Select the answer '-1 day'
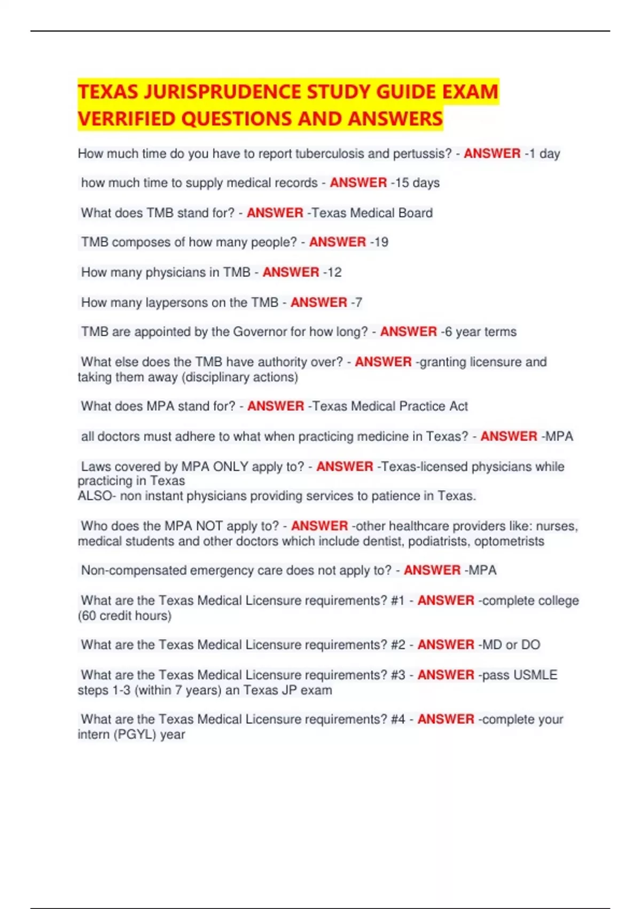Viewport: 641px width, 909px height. click(x=542, y=154)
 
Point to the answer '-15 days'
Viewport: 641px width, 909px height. click(x=415, y=183)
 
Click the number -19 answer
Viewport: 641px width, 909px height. click(x=379, y=242)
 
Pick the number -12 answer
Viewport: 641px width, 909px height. click(x=332, y=272)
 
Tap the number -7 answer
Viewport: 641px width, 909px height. click(x=356, y=303)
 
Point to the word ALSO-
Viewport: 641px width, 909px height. click(x=97, y=496)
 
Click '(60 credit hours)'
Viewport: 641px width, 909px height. click(x=124, y=616)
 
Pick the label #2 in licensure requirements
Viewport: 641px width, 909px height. click(x=398, y=645)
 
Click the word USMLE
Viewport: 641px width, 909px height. click(x=535, y=675)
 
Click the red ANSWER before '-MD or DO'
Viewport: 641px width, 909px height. click(x=445, y=645)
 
